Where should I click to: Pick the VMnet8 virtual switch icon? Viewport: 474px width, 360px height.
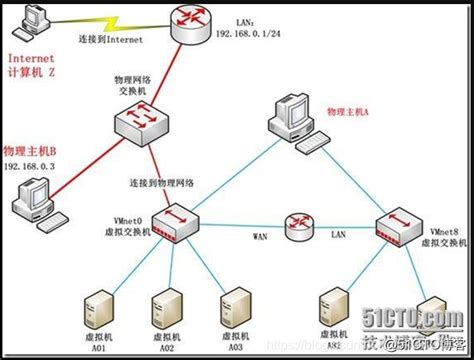coord(398,225)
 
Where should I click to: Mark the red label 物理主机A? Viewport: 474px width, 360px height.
coord(350,107)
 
